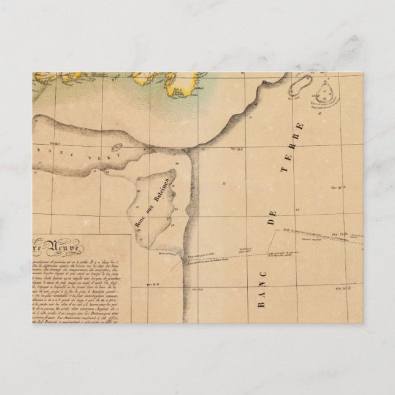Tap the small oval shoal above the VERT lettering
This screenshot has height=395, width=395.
pos(116,148)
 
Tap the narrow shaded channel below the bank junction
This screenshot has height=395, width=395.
pos(192,202)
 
